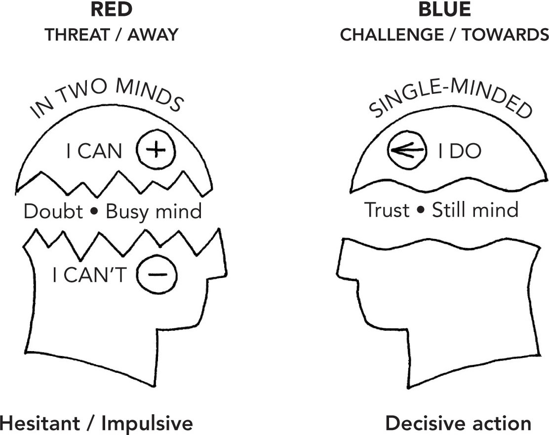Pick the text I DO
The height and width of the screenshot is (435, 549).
coord(459,152)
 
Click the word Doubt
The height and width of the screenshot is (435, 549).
coord(53,212)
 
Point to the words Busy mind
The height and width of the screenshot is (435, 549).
coord(154,212)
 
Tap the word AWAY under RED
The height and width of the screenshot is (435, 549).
coord(151,35)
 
